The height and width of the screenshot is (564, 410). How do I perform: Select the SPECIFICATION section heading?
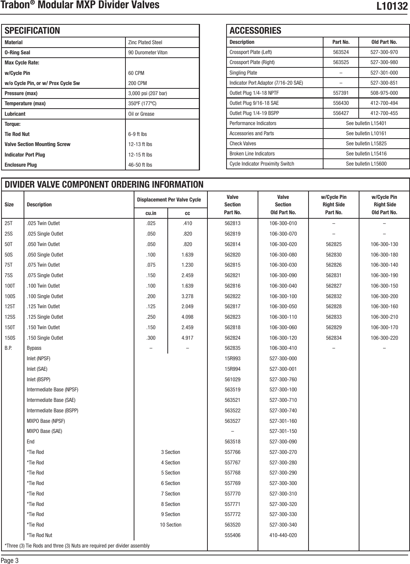tap(32, 31)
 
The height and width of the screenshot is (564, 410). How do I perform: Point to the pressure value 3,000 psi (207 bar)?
tap(148, 93)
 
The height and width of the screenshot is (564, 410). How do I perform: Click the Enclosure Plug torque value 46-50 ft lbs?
tap(140, 165)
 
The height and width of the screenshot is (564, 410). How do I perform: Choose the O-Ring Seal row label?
tap(17, 52)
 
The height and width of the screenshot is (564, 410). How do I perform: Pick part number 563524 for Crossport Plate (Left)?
tap(341, 52)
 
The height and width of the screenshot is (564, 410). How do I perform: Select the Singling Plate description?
tap(243, 73)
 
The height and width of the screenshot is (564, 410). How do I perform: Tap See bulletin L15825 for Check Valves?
tap(366, 143)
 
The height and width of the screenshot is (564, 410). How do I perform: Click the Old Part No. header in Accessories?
tap(384, 42)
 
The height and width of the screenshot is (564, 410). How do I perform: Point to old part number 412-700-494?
tap(384, 103)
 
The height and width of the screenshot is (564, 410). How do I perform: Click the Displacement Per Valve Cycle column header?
tap(169, 200)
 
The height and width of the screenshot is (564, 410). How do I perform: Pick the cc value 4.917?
tap(187, 338)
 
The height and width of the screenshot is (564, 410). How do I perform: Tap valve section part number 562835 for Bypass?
tap(232, 348)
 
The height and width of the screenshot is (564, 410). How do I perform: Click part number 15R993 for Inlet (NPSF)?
tap(232, 358)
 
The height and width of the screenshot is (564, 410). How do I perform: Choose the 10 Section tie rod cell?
tap(170, 525)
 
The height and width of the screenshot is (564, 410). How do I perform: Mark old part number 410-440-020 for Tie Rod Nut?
tap(283, 535)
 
